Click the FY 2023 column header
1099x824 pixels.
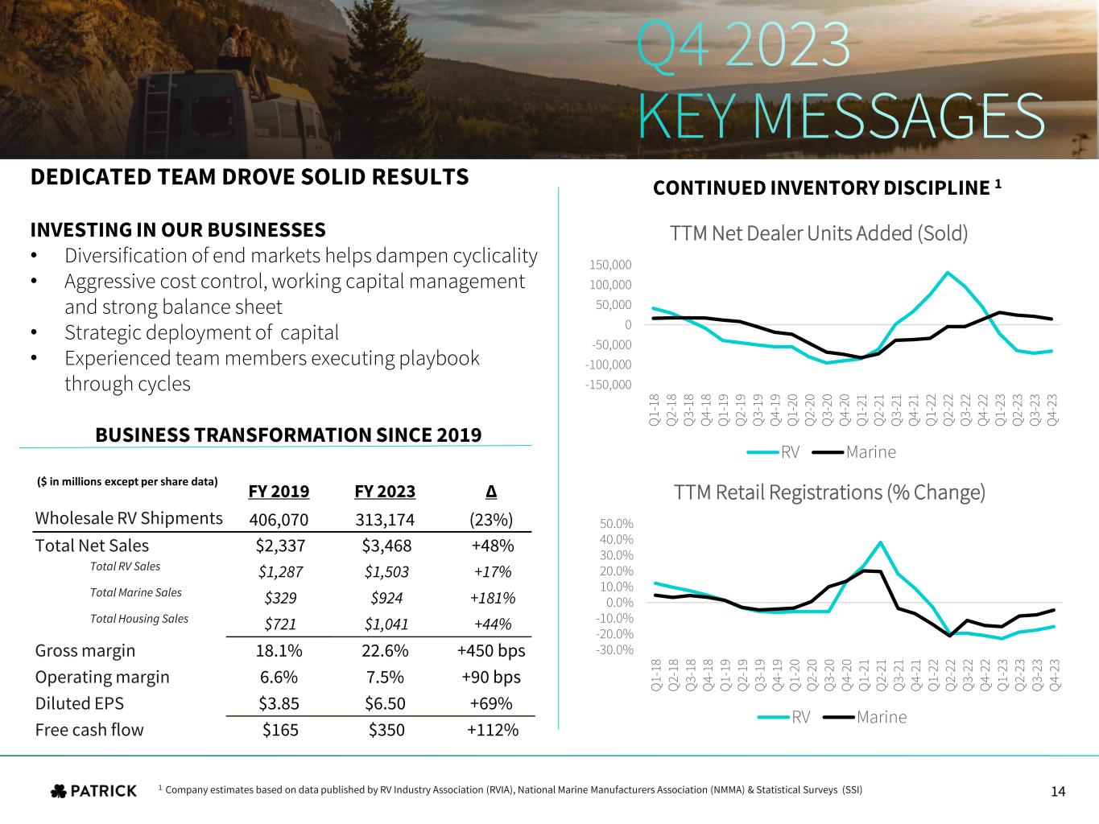[385, 492]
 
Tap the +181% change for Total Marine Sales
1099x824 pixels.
[493, 598]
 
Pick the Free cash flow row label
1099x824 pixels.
[89, 730]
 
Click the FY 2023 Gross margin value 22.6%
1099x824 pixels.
[385, 650]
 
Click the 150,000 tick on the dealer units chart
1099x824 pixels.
[610, 265]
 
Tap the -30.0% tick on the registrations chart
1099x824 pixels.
[615, 649]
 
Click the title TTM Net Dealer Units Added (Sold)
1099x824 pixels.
[818, 233]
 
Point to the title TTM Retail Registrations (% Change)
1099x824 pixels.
[828, 492]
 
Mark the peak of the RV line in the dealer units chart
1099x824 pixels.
[948, 272]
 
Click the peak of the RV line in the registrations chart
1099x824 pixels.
[881, 542]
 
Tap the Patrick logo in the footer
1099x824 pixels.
[94, 791]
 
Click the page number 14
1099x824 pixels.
[1058, 792]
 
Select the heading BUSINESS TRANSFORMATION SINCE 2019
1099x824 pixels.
[288, 435]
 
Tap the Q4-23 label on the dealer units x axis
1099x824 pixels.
[1052, 408]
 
